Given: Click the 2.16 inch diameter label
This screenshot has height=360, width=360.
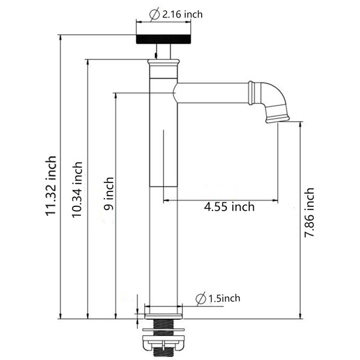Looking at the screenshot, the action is tap(182, 14).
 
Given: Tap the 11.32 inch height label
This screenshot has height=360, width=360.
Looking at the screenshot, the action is tap(51, 186).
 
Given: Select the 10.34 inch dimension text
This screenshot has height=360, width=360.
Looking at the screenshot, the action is tap(77, 190).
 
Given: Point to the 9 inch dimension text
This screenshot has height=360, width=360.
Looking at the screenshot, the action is tap(109, 194).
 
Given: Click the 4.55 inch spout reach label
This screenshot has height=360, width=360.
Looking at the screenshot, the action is tap(229, 206).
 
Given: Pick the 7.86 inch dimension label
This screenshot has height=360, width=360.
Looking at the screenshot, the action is tap(309, 212).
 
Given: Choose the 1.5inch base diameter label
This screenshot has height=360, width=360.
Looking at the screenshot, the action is tap(224, 298).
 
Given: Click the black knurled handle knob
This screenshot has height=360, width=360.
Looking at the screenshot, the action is tap(163, 39).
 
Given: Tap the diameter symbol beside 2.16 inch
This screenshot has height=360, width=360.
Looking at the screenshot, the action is tap(155, 14).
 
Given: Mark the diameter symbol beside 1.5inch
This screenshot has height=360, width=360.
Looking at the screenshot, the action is tap(200, 299).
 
